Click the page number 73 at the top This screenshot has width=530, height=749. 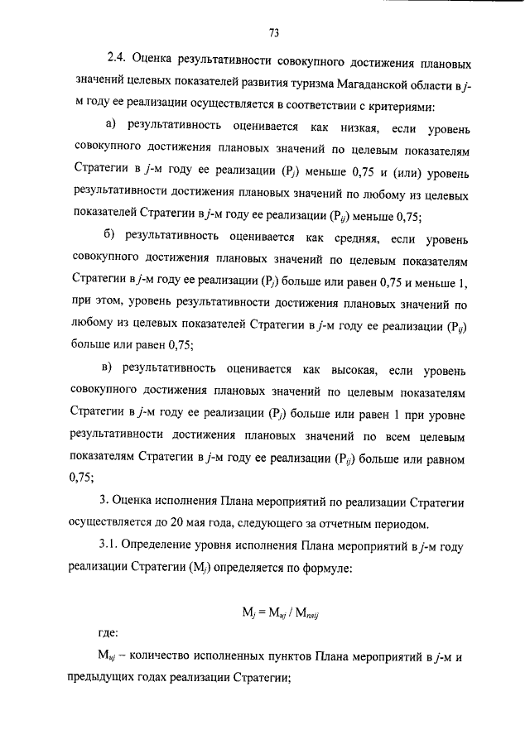273,33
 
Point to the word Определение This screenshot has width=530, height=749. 165,547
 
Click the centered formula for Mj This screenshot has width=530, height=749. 273,613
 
